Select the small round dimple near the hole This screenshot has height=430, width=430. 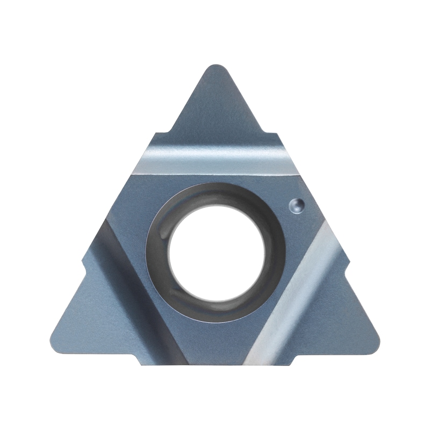tap(296, 204)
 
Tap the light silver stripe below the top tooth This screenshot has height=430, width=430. tap(215, 160)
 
